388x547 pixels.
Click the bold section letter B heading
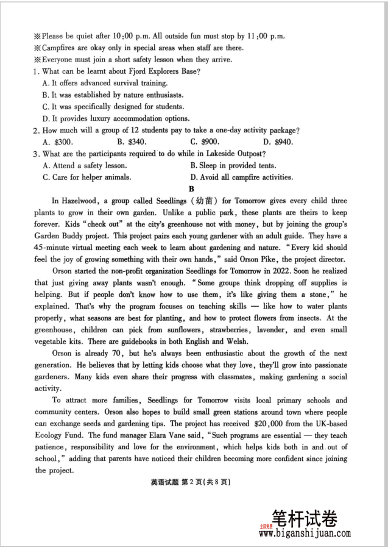[191, 189]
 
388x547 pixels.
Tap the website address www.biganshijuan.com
[305, 534]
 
